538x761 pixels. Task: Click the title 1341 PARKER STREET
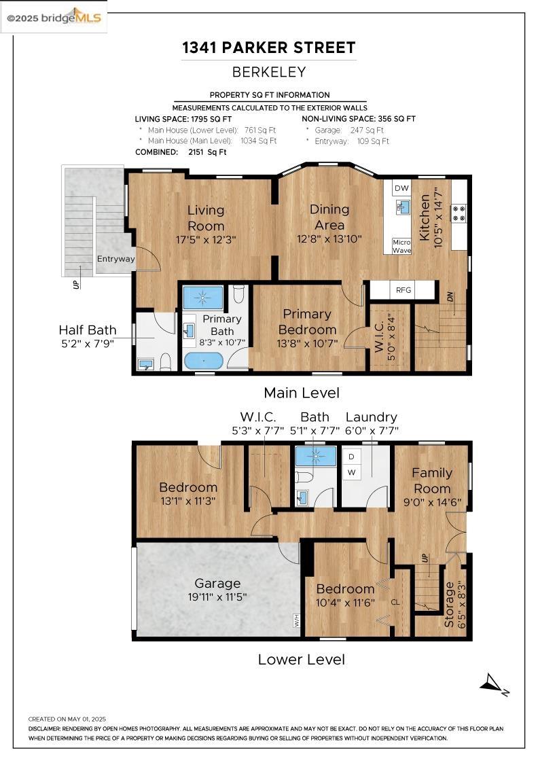(x=268, y=48)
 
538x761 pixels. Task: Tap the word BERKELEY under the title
(x=269, y=72)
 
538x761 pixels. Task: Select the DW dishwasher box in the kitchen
(x=401, y=188)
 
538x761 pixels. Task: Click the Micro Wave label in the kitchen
(x=401, y=246)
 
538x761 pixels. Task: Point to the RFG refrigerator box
(x=403, y=290)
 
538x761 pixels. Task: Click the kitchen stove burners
(x=459, y=213)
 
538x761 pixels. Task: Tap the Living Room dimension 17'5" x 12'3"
(x=206, y=239)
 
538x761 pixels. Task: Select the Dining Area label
(x=329, y=217)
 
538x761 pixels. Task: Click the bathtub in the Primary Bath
(x=203, y=360)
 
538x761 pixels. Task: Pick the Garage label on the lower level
(x=217, y=583)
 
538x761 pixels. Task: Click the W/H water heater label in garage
(x=297, y=620)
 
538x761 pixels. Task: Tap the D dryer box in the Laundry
(x=351, y=457)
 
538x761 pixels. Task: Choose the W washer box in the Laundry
(x=351, y=472)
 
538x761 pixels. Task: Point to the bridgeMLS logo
(x=54, y=17)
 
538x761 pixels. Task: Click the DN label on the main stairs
(x=450, y=296)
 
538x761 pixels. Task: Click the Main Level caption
(x=301, y=393)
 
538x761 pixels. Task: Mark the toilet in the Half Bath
(x=165, y=362)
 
